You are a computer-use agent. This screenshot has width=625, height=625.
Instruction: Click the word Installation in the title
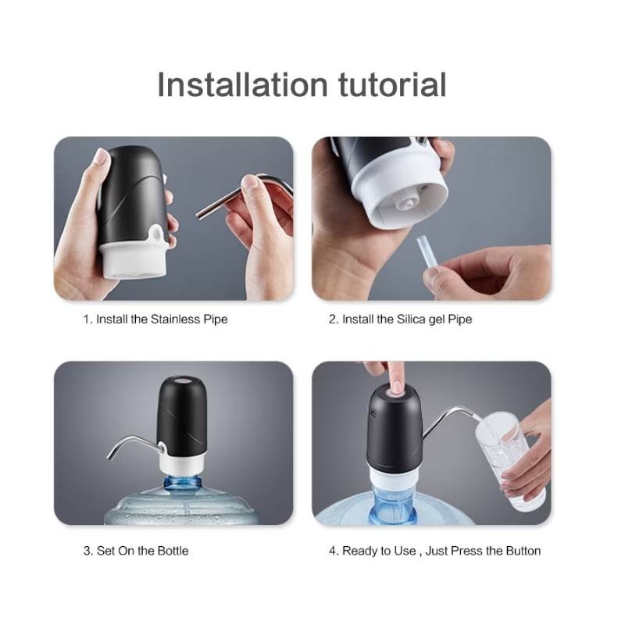[x=243, y=84]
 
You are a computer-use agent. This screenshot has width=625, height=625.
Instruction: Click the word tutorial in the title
[x=392, y=84]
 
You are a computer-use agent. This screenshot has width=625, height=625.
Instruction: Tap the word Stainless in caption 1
[x=175, y=320]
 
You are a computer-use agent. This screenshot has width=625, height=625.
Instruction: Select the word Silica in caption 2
[x=411, y=320]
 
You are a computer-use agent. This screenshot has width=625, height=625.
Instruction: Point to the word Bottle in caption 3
[x=173, y=551]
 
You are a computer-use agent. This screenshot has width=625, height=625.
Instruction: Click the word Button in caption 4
[x=523, y=551]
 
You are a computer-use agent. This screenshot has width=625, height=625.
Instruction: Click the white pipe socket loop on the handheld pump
[x=157, y=235]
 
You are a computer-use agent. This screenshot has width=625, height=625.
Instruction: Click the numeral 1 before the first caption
[x=86, y=320]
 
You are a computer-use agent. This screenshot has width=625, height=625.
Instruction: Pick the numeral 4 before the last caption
[x=333, y=551]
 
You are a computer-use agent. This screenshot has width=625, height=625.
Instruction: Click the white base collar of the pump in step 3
[x=182, y=462]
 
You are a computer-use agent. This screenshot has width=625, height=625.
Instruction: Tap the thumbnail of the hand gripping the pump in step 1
[x=102, y=157]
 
